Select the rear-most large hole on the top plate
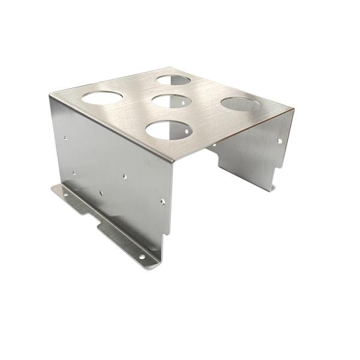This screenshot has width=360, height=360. point(174,79)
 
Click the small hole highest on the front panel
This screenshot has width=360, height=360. point(65,139)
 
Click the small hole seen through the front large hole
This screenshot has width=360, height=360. point(187,127)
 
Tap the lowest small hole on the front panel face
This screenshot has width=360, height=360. point(101,193)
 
